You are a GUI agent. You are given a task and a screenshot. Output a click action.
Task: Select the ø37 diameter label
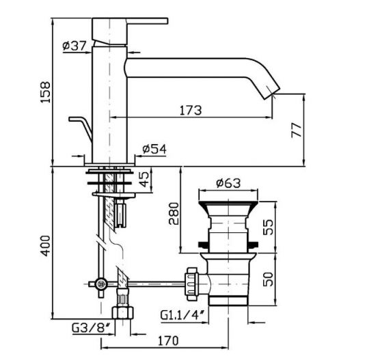click(x=73, y=46)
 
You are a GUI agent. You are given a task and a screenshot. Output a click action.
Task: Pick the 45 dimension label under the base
click(x=144, y=182)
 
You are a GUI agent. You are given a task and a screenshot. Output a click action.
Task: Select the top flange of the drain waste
click(x=227, y=203)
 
